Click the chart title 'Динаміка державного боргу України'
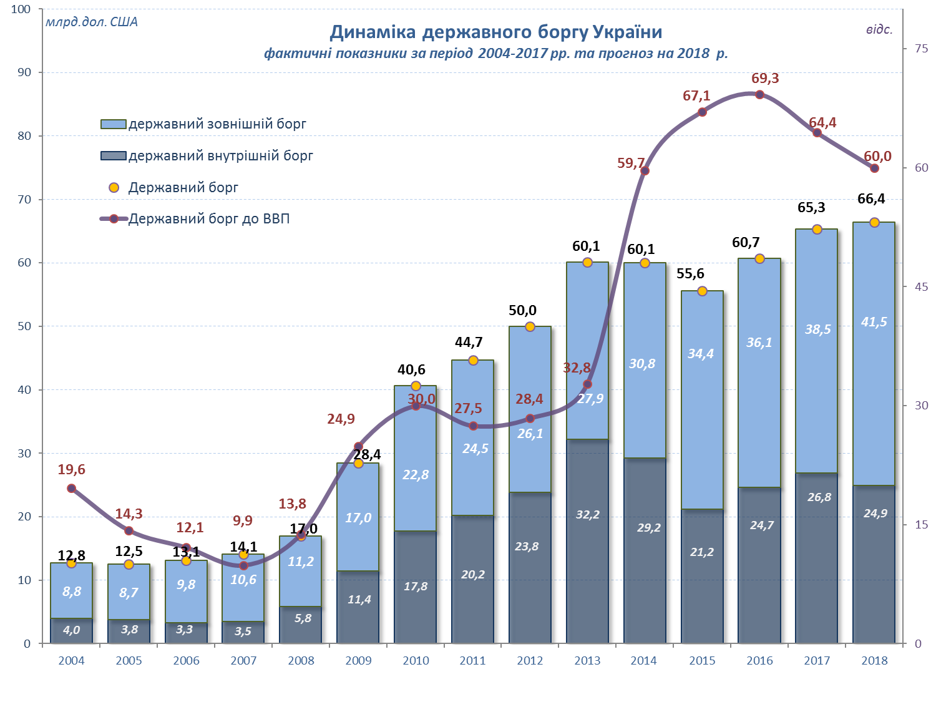coord(495,32)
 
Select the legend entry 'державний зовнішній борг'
coord(217,124)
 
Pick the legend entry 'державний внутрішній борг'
coord(220,155)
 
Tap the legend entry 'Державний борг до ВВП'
coord(208,219)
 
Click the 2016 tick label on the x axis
coord(759,661)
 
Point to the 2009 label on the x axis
coord(358,661)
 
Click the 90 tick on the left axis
coord(24,72)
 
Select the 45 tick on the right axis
coord(921,286)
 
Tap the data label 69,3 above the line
coord(765,79)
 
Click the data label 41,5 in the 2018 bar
coord(874,322)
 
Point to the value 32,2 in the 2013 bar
coord(588,514)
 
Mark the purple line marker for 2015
coord(702,112)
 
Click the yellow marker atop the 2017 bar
coord(817,230)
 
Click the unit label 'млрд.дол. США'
coord(91,22)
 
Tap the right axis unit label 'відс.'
coord(879,29)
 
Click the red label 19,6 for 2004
coord(71,470)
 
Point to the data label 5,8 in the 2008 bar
coord(303,618)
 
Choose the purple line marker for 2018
coord(874,168)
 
